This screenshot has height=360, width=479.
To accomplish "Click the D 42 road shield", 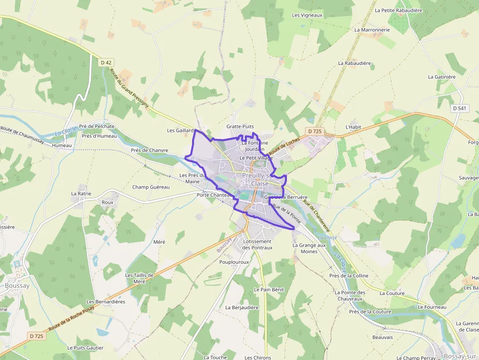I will pos(106,63).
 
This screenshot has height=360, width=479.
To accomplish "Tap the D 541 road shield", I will pos(459,108).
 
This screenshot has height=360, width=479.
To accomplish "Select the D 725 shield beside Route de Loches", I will pos(315,131).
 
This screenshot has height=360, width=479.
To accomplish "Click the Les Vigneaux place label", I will pos(307,15).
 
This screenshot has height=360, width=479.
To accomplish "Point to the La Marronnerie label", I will pos(372,30).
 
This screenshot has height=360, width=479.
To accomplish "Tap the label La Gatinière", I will pos(441,77).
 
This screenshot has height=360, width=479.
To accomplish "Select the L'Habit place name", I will pos(353,127).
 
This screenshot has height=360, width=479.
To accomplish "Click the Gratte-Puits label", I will pos(240,127).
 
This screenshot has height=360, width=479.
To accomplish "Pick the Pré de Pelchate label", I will pos(97,127).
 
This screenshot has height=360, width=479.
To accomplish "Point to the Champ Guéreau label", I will pos(151,187).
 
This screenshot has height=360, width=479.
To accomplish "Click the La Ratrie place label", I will pos(81,193).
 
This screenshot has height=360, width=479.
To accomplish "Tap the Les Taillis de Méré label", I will pos(139,278).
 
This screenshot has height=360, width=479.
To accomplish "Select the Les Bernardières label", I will pos(106,302).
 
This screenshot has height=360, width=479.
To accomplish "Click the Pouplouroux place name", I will pos(234,262).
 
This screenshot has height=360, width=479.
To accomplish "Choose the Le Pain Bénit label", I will pos(269,290).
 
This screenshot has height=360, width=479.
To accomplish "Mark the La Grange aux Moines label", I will pos(309,248).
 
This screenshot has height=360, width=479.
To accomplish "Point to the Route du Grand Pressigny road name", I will pos(129,88).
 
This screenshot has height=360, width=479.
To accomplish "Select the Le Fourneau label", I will pos(432,307).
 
